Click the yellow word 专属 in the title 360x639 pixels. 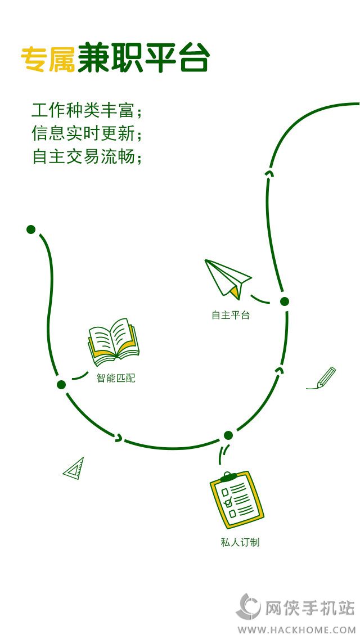pos(48,60)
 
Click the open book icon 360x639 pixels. pos(114,343)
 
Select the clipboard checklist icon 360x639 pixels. pos(236,500)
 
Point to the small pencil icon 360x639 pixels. pos(322,378)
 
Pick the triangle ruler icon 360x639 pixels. pos(74,469)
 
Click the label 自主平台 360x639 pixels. pos(231,315)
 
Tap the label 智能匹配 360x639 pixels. pos(116,378)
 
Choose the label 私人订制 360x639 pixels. pos(240,542)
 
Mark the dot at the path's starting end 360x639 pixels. pos(31,229)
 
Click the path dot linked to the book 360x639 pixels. pos(61,385)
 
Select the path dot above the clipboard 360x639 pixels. pos(228,435)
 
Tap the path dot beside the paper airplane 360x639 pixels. pos(285,301)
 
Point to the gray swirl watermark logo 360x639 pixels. pos(248,606)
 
